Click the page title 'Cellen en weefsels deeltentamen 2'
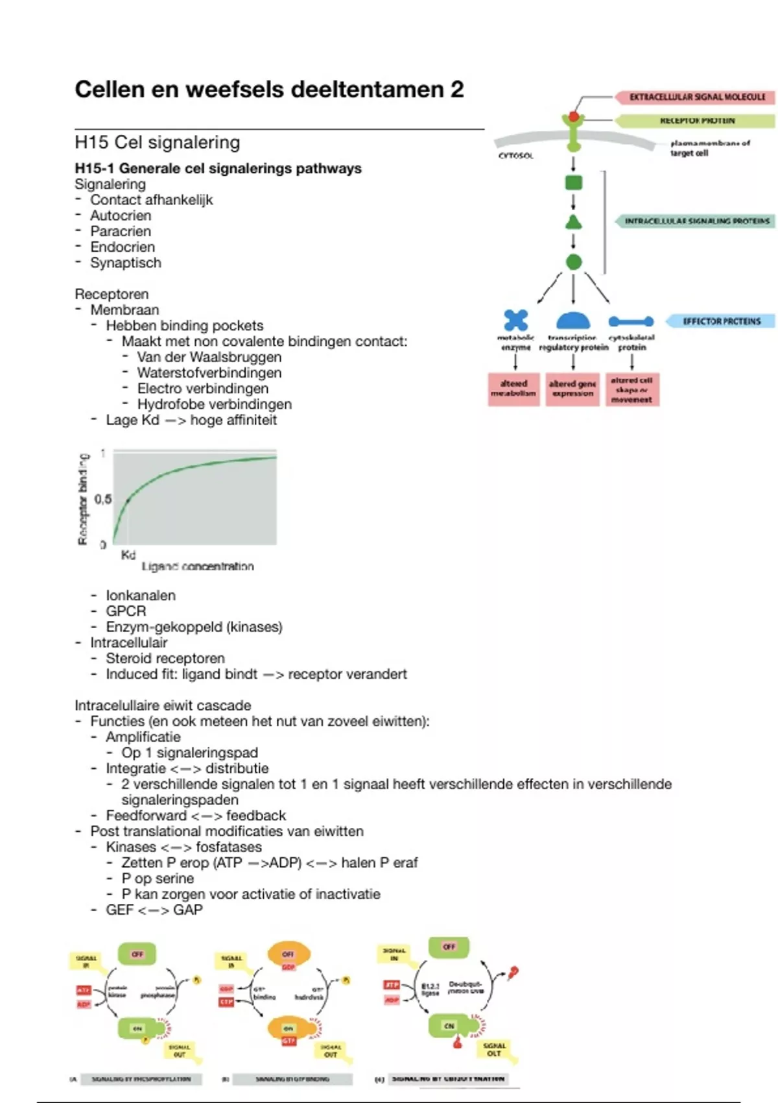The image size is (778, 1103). pos(269,90)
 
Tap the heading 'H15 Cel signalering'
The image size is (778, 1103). pos(158,142)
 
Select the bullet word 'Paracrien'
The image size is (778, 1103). pos(121,231)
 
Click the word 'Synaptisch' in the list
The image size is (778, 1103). pos(126,263)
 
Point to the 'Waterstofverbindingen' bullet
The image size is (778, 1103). pos(209,372)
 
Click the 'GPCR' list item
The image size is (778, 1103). pos(126,611)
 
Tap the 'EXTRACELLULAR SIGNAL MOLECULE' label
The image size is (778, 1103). pos(697,97)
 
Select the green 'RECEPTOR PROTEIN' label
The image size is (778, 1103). pos(697,121)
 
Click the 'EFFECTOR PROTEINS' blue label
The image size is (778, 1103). pos(722,321)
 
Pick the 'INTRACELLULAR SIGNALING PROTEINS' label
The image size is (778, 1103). pos(697,221)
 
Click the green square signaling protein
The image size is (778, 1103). pos(574,183)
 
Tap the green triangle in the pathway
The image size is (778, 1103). pos(574,223)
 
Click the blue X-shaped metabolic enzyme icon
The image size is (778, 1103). pos(516,321)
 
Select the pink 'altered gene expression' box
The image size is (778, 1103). pos(572,389)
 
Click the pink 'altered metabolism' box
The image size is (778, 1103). pos(513,389)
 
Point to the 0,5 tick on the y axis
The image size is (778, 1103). pos(102,499)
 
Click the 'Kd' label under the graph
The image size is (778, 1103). pos(128,555)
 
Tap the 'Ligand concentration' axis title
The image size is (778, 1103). pos(198,566)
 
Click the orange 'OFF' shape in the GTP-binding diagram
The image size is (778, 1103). pos(289,954)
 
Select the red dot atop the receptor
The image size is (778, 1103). pos(574,117)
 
